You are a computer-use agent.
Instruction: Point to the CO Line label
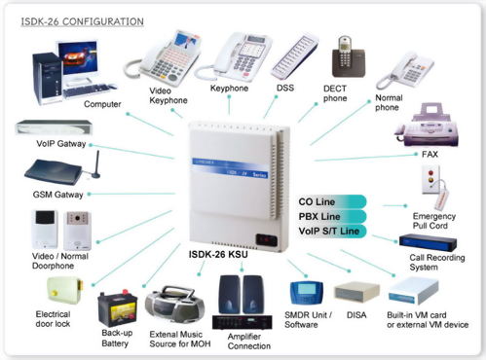point(322,200)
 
